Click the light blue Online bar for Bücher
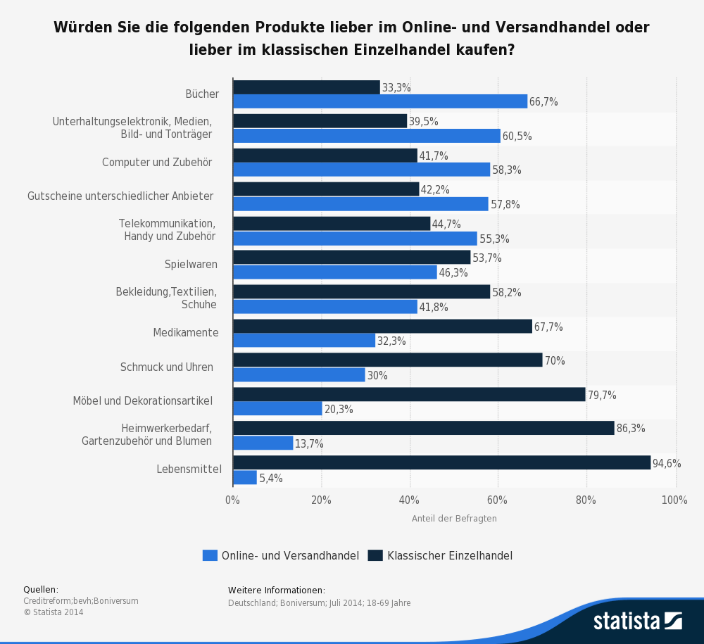click(x=380, y=101)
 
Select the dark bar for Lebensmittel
click(x=441, y=462)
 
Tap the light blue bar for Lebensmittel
click(x=245, y=478)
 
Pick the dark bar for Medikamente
click(x=382, y=326)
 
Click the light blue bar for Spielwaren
click(x=334, y=272)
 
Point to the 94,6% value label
click(x=667, y=463)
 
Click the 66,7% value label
click(x=543, y=102)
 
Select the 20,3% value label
click(x=339, y=410)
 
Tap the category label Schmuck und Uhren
click(x=166, y=367)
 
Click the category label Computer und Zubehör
click(x=157, y=163)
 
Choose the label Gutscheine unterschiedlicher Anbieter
click(x=120, y=196)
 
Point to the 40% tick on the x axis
click(x=410, y=500)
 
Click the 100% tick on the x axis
click(x=674, y=500)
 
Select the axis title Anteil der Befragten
click(x=454, y=519)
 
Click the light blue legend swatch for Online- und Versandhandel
click(x=210, y=555)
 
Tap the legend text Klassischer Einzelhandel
click(x=449, y=555)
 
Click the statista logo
click(x=637, y=620)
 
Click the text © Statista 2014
click(x=54, y=612)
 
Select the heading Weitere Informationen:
click(x=277, y=591)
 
